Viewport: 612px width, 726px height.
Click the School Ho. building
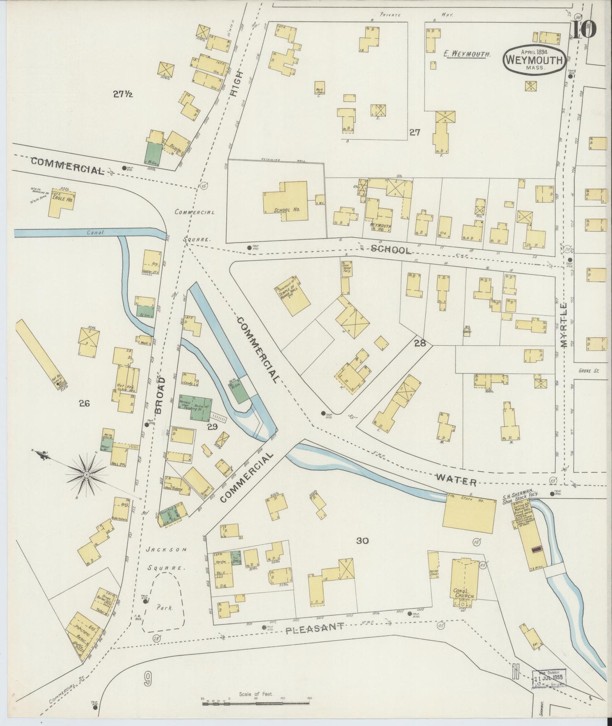pyautogui.click(x=285, y=202)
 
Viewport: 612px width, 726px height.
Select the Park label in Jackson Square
pyautogui.click(x=164, y=607)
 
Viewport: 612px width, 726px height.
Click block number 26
pyautogui.click(x=84, y=403)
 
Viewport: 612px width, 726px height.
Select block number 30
pyautogui.click(x=363, y=540)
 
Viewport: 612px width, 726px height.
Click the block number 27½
pyautogui.click(x=123, y=94)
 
